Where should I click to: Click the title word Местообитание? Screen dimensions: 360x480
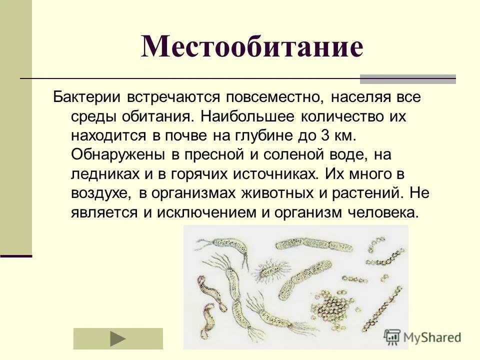[252, 47]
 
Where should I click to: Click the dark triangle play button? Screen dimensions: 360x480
[118, 338]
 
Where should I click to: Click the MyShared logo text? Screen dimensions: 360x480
[431, 337]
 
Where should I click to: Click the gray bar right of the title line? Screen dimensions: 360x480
[407, 78]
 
